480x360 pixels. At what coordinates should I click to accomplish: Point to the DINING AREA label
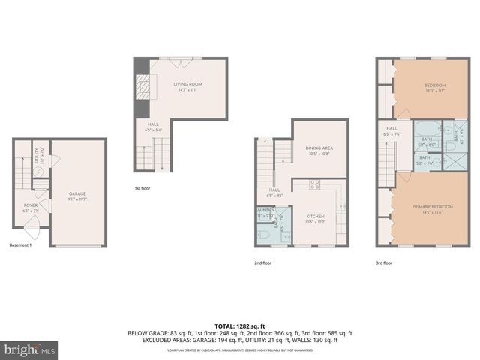pyautogui.click(x=319, y=149)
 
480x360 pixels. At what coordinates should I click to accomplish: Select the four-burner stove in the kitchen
pyautogui.click(x=315, y=184)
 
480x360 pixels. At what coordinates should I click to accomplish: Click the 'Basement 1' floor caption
pyautogui.click(x=20, y=245)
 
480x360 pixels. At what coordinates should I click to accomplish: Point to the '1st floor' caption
pyautogui.click(x=142, y=188)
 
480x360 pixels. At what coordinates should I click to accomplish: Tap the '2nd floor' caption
pyautogui.click(x=264, y=262)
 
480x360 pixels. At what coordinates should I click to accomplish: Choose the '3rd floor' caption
pyautogui.click(x=385, y=262)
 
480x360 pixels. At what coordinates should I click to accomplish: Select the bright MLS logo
pyautogui.click(x=28, y=349)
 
